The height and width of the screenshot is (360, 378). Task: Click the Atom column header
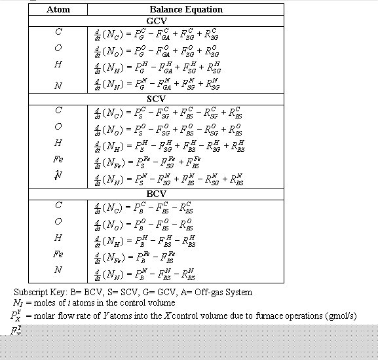pyautogui.click(x=58, y=10)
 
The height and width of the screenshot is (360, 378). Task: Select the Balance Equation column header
pyautogui.click(x=186, y=10)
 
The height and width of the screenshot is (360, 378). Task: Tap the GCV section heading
pyautogui.click(x=156, y=21)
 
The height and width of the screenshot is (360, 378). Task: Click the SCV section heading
pyautogui.click(x=156, y=98)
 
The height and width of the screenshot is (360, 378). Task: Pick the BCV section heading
pyautogui.click(x=156, y=194)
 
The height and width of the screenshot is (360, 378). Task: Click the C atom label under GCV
pyautogui.click(x=58, y=31)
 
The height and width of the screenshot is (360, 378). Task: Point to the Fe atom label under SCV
pyautogui.click(x=58, y=160)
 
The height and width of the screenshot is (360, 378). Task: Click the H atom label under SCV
pyautogui.click(x=58, y=143)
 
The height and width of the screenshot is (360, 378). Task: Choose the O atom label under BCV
pyautogui.click(x=58, y=221)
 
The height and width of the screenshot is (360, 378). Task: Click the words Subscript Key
pyautogui.click(x=38, y=292)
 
